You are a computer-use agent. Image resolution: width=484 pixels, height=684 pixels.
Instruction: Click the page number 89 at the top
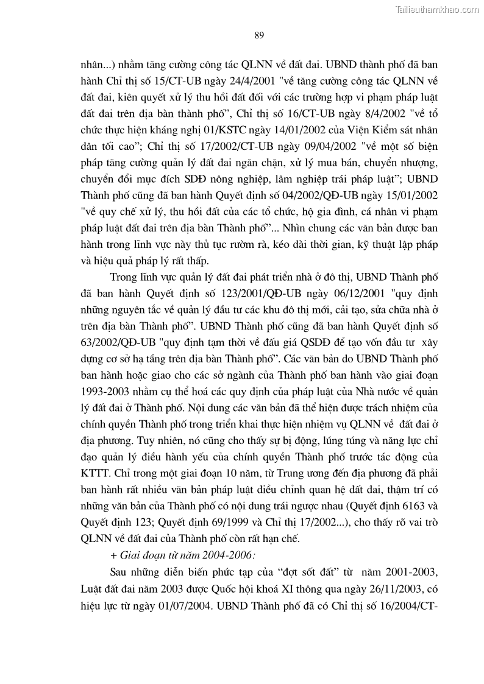click(x=258, y=35)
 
